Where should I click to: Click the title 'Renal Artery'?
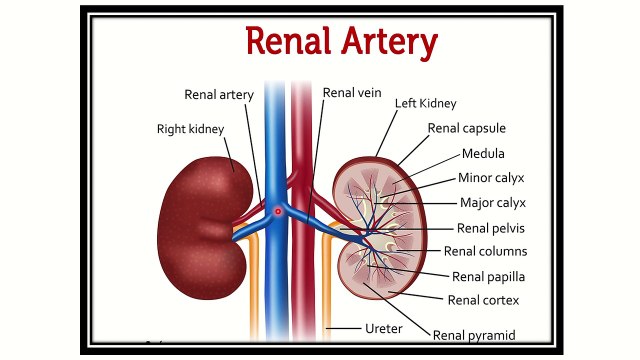(342, 42)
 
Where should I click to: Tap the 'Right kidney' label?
(191, 128)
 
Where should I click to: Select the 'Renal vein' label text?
(352, 93)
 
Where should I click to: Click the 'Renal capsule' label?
(466, 128)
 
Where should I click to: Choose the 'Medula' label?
(483, 153)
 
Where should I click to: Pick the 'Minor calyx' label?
(491, 178)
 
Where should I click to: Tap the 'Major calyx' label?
(492, 203)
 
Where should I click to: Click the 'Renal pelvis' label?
(491, 227)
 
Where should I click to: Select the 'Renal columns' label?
(485, 251)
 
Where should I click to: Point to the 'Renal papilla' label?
(488, 276)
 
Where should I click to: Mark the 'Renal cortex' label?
(483, 299)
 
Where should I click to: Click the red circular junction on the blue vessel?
(279, 211)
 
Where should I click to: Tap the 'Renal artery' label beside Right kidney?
(219, 95)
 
